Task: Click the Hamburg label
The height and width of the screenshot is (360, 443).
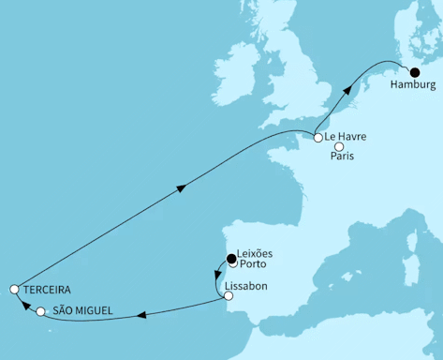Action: tap(412, 85)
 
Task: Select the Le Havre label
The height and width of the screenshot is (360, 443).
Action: tap(346, 138)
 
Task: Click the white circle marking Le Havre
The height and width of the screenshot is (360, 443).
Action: tap(318, 138)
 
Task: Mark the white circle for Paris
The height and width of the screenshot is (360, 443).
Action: tap(339, 146)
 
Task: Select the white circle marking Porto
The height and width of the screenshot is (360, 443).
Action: tap(233, 263)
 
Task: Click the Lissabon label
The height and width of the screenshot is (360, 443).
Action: tap(246, 285)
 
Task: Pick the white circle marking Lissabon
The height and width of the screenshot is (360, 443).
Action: tap(228, 296)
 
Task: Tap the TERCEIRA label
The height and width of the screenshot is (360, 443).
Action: tap(47, 290)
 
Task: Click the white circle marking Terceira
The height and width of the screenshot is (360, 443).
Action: tap(14, 290)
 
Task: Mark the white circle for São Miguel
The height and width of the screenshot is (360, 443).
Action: tap(40, 311)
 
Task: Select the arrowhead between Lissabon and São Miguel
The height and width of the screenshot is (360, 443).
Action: tap(140, 316)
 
